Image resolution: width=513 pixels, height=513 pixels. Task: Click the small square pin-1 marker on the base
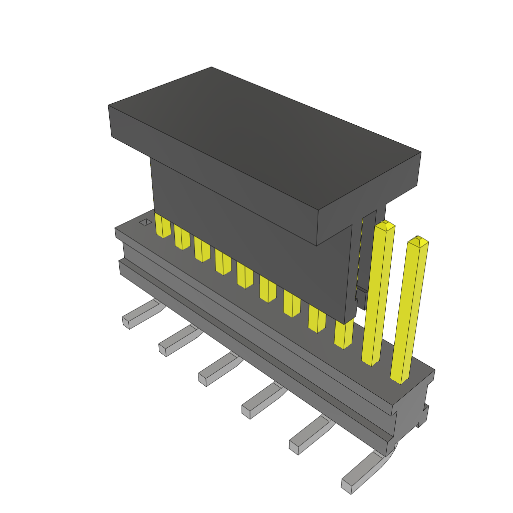click(145, 222)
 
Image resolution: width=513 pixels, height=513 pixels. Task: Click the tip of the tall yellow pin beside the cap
click(385, 225)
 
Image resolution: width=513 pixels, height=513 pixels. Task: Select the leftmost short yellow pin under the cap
click(163, 226)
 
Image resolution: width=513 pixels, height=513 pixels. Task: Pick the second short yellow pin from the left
click(182, 239)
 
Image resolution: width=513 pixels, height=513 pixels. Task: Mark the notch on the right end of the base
click(424, 416)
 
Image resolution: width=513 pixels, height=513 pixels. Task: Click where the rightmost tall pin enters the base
click(400, 378)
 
